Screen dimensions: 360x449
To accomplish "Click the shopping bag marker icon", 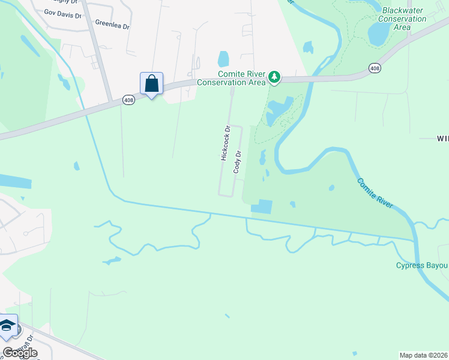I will coord(151,84).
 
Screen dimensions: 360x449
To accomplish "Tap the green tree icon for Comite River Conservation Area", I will coord(274,76).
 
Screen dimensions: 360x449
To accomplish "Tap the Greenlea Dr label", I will coord(112,24).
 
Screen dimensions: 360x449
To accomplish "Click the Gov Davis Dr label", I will coord(62,13).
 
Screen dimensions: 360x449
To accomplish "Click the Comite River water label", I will coord(375,193).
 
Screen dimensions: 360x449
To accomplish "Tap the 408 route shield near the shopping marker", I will coord(128,99).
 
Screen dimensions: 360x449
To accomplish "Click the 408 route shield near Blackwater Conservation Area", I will coord(375,68).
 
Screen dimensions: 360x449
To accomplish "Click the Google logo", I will coord(19,352).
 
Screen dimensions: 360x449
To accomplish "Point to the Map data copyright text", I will coord(423,355).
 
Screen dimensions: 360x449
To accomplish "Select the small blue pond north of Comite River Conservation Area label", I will coord(223,59).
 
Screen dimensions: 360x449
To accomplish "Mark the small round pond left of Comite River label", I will coord(331,188).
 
